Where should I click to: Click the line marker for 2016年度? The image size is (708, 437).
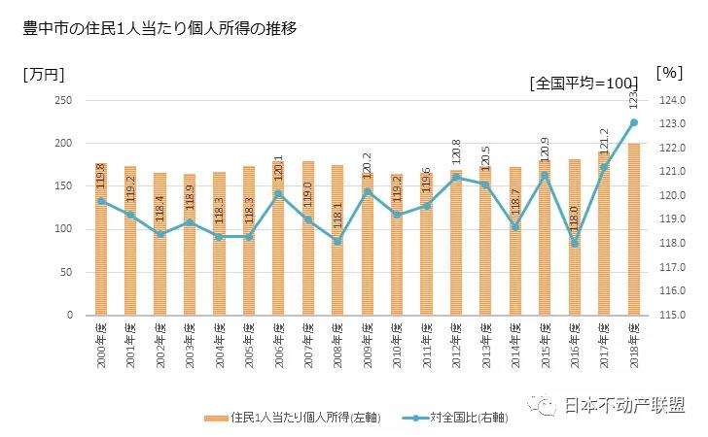pyautogui.click(x=575, y=244)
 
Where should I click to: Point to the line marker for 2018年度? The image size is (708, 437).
pyautogui.click(x=634, y=122)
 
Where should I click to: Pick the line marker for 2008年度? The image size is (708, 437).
pyautogui.click(x=337, y=241)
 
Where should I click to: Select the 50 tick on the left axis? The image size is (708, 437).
pyautogui.click(x=67, y=273)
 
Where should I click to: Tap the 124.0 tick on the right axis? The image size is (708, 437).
pyautogui.click(x=674, y=101)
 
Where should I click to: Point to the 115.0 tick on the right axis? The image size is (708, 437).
pyautogui.click(x=674, y=316)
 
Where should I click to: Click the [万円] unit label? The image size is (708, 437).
pyautogui.click(x=44, y=74)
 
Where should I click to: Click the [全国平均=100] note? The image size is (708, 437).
pyautogui.click(x=583, y=84)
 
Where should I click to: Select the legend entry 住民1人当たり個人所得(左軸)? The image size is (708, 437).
pyautogui.click(x=292, y=419)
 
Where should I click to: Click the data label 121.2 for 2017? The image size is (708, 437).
pyautogui.click(x=604, y=144)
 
